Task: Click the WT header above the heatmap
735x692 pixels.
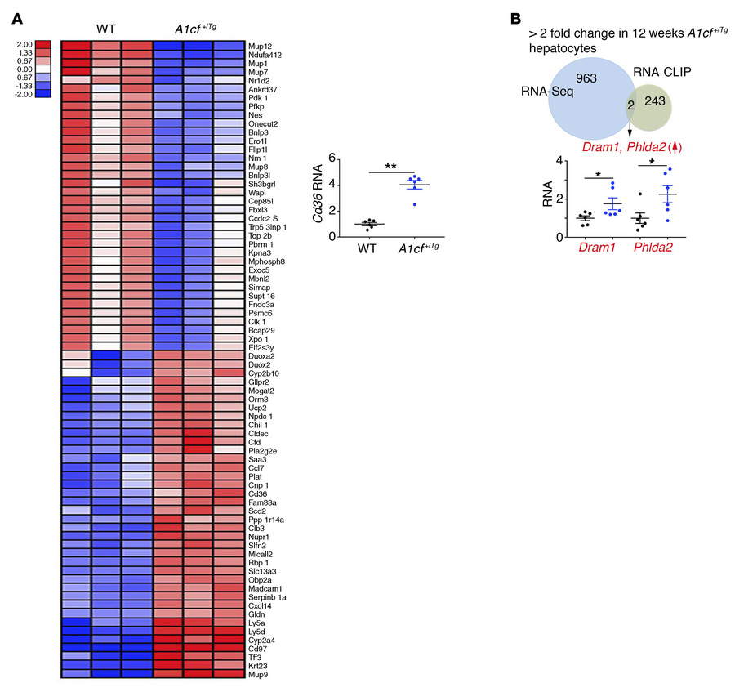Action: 106,26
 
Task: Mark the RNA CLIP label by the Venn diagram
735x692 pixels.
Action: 665,71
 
